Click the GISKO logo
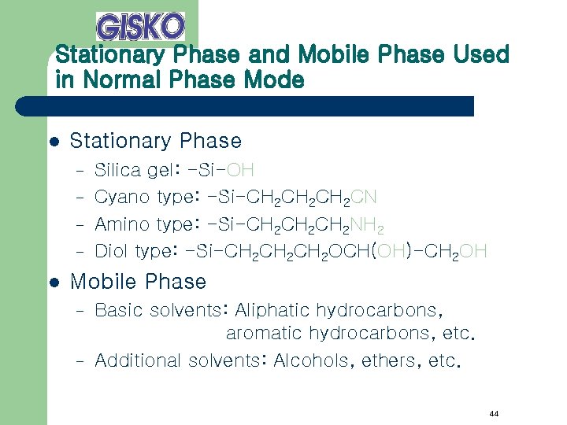pos(140,26)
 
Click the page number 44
pos(493,414)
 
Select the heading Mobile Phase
pos(138,282)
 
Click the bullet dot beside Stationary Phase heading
pos(54,142)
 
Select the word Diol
pos(112,251)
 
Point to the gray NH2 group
pos(367,225)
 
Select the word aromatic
pos(264,333)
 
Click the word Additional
pos(138,360)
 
